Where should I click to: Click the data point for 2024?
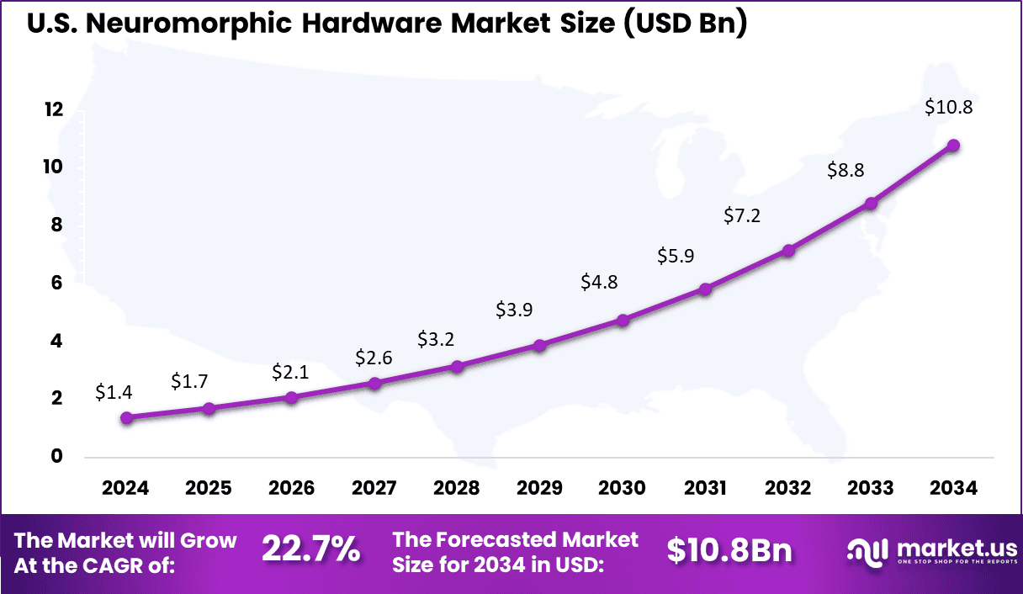click(x=126, y=417)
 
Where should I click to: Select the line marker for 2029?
click(x=540, y=345)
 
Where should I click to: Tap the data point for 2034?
click(x=953, y=146)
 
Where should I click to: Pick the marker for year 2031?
click(x=706, y=289)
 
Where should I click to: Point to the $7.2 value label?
click(x=742, y=216)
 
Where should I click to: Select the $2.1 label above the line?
click(x=291, y=372)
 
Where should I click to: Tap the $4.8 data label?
click(x=599, y=282)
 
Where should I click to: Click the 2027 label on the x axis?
click(x=374, y=489)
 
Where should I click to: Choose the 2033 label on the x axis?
click(x=871, y=489)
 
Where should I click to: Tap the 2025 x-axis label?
click(x=209, y=489)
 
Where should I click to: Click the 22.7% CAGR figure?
click(x=310, y=550)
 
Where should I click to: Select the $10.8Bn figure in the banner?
click(x=729, y=550)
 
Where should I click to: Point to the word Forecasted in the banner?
click(x=481, y=539)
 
